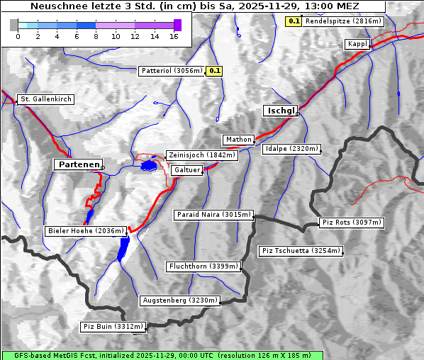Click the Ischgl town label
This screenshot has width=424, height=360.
tap(281, 111)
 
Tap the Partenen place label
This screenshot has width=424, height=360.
tap(78, 164)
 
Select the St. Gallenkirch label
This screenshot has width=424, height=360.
tap(45, 99)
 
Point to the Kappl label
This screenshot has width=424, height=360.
tap(357, 44)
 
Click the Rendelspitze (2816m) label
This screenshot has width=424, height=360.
tap(344, 21)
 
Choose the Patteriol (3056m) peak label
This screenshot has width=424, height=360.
tap(172, 71)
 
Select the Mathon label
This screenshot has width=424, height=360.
tap(238, 140)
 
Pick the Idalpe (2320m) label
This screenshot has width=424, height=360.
tap(291, 149)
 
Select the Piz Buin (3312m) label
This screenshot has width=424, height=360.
tap(113, 327)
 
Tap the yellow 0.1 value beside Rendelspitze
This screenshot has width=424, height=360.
tap(294, 21)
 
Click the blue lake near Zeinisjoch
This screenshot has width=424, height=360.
tap(149, 165)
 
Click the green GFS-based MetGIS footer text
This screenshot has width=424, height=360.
tap(162, 355)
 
